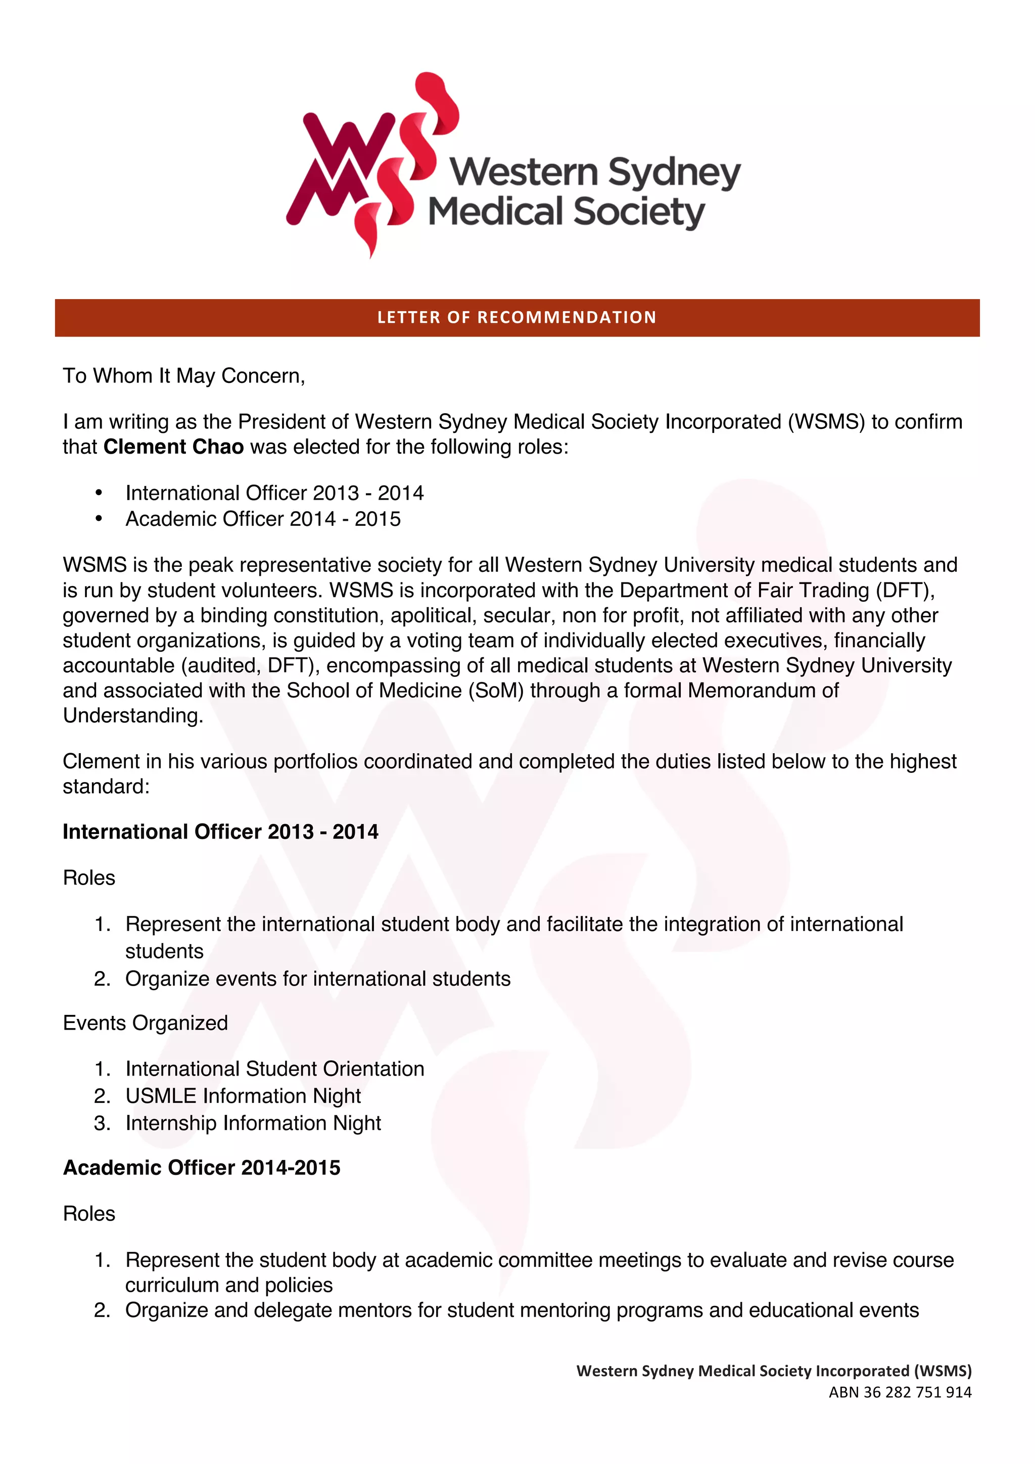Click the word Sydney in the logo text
coord(674,172)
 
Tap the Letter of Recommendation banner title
coord(516,318)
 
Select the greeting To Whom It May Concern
coord(183,376)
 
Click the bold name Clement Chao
coord(173,447)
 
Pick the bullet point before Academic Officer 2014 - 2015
coord(99,519)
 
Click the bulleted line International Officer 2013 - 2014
coord(274,493)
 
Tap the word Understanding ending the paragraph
coord(132,715)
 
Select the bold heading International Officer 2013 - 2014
coord(220,832)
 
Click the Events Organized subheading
coord(146,1023)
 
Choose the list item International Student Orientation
coord(274,1068)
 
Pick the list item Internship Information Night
coord(253,1123)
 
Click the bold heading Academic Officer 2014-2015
coord(202,1168)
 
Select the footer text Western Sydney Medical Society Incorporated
coord(742,1371)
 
